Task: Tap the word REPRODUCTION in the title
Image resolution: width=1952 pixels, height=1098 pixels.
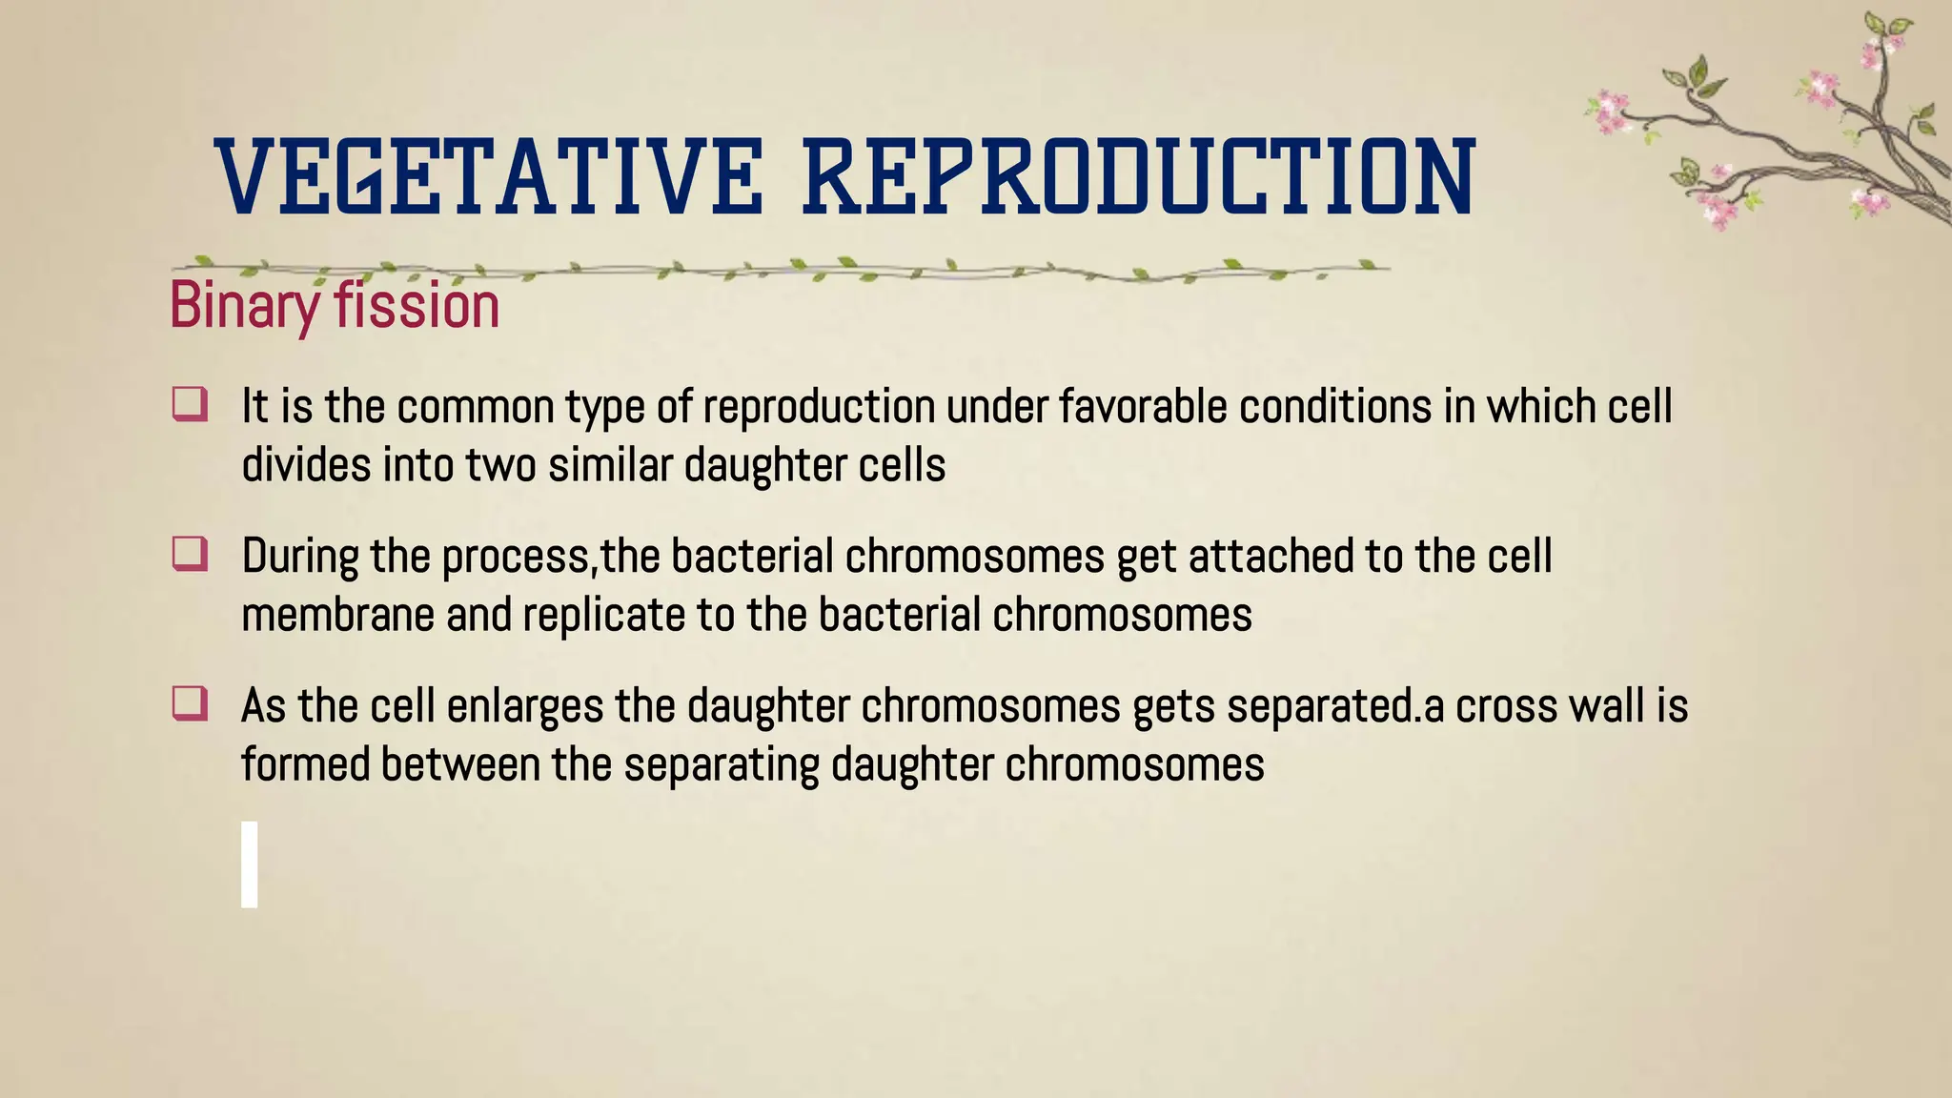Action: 1139,176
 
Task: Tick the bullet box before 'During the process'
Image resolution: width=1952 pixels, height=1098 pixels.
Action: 190,554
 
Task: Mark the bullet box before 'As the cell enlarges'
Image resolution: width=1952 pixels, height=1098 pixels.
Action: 190,704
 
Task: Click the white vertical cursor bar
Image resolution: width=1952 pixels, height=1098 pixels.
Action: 250,864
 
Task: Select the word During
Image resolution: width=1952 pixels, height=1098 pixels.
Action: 299,557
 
